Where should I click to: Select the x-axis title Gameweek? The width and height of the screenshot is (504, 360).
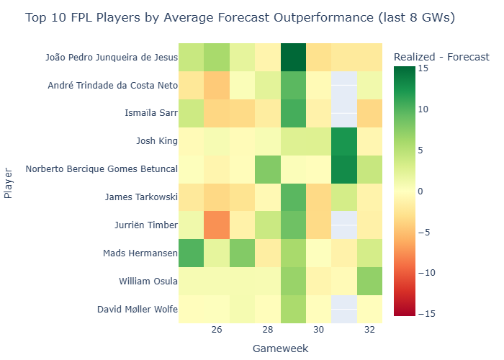[280, 348]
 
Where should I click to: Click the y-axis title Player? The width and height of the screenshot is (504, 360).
[8, 184]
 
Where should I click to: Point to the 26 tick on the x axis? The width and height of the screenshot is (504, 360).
[216, 330]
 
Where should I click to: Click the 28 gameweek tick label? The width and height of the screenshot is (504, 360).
[267, 330]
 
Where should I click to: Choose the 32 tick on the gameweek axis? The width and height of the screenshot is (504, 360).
[369, 330]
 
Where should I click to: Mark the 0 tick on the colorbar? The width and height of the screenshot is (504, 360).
[420, 192]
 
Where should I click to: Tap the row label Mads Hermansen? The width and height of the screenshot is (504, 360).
[139, 253]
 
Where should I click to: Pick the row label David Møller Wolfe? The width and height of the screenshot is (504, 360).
[137, 310]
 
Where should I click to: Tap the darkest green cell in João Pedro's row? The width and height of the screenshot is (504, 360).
[293, 57]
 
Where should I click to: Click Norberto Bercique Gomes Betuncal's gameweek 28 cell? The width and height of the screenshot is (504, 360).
[267, 169]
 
